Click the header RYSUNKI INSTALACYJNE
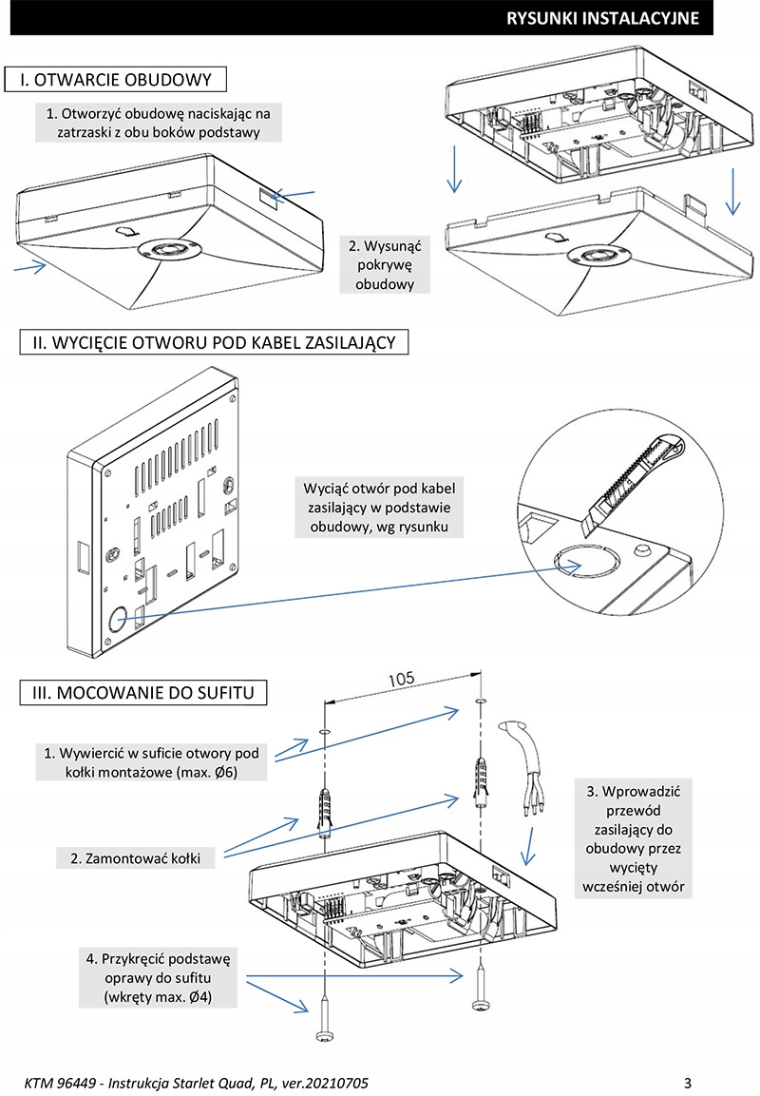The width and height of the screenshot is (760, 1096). click(603, 18)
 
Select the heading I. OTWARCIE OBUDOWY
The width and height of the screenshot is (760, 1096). click(116, 79)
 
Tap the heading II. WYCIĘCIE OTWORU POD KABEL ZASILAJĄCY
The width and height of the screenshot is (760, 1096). click(214, 341)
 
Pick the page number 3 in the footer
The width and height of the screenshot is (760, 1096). click(687, 1083)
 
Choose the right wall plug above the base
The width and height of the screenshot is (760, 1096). click(480, 779)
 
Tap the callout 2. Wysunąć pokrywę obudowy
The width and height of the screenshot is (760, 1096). click(386, 264)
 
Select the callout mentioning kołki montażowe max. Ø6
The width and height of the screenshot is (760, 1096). click(152, 762)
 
